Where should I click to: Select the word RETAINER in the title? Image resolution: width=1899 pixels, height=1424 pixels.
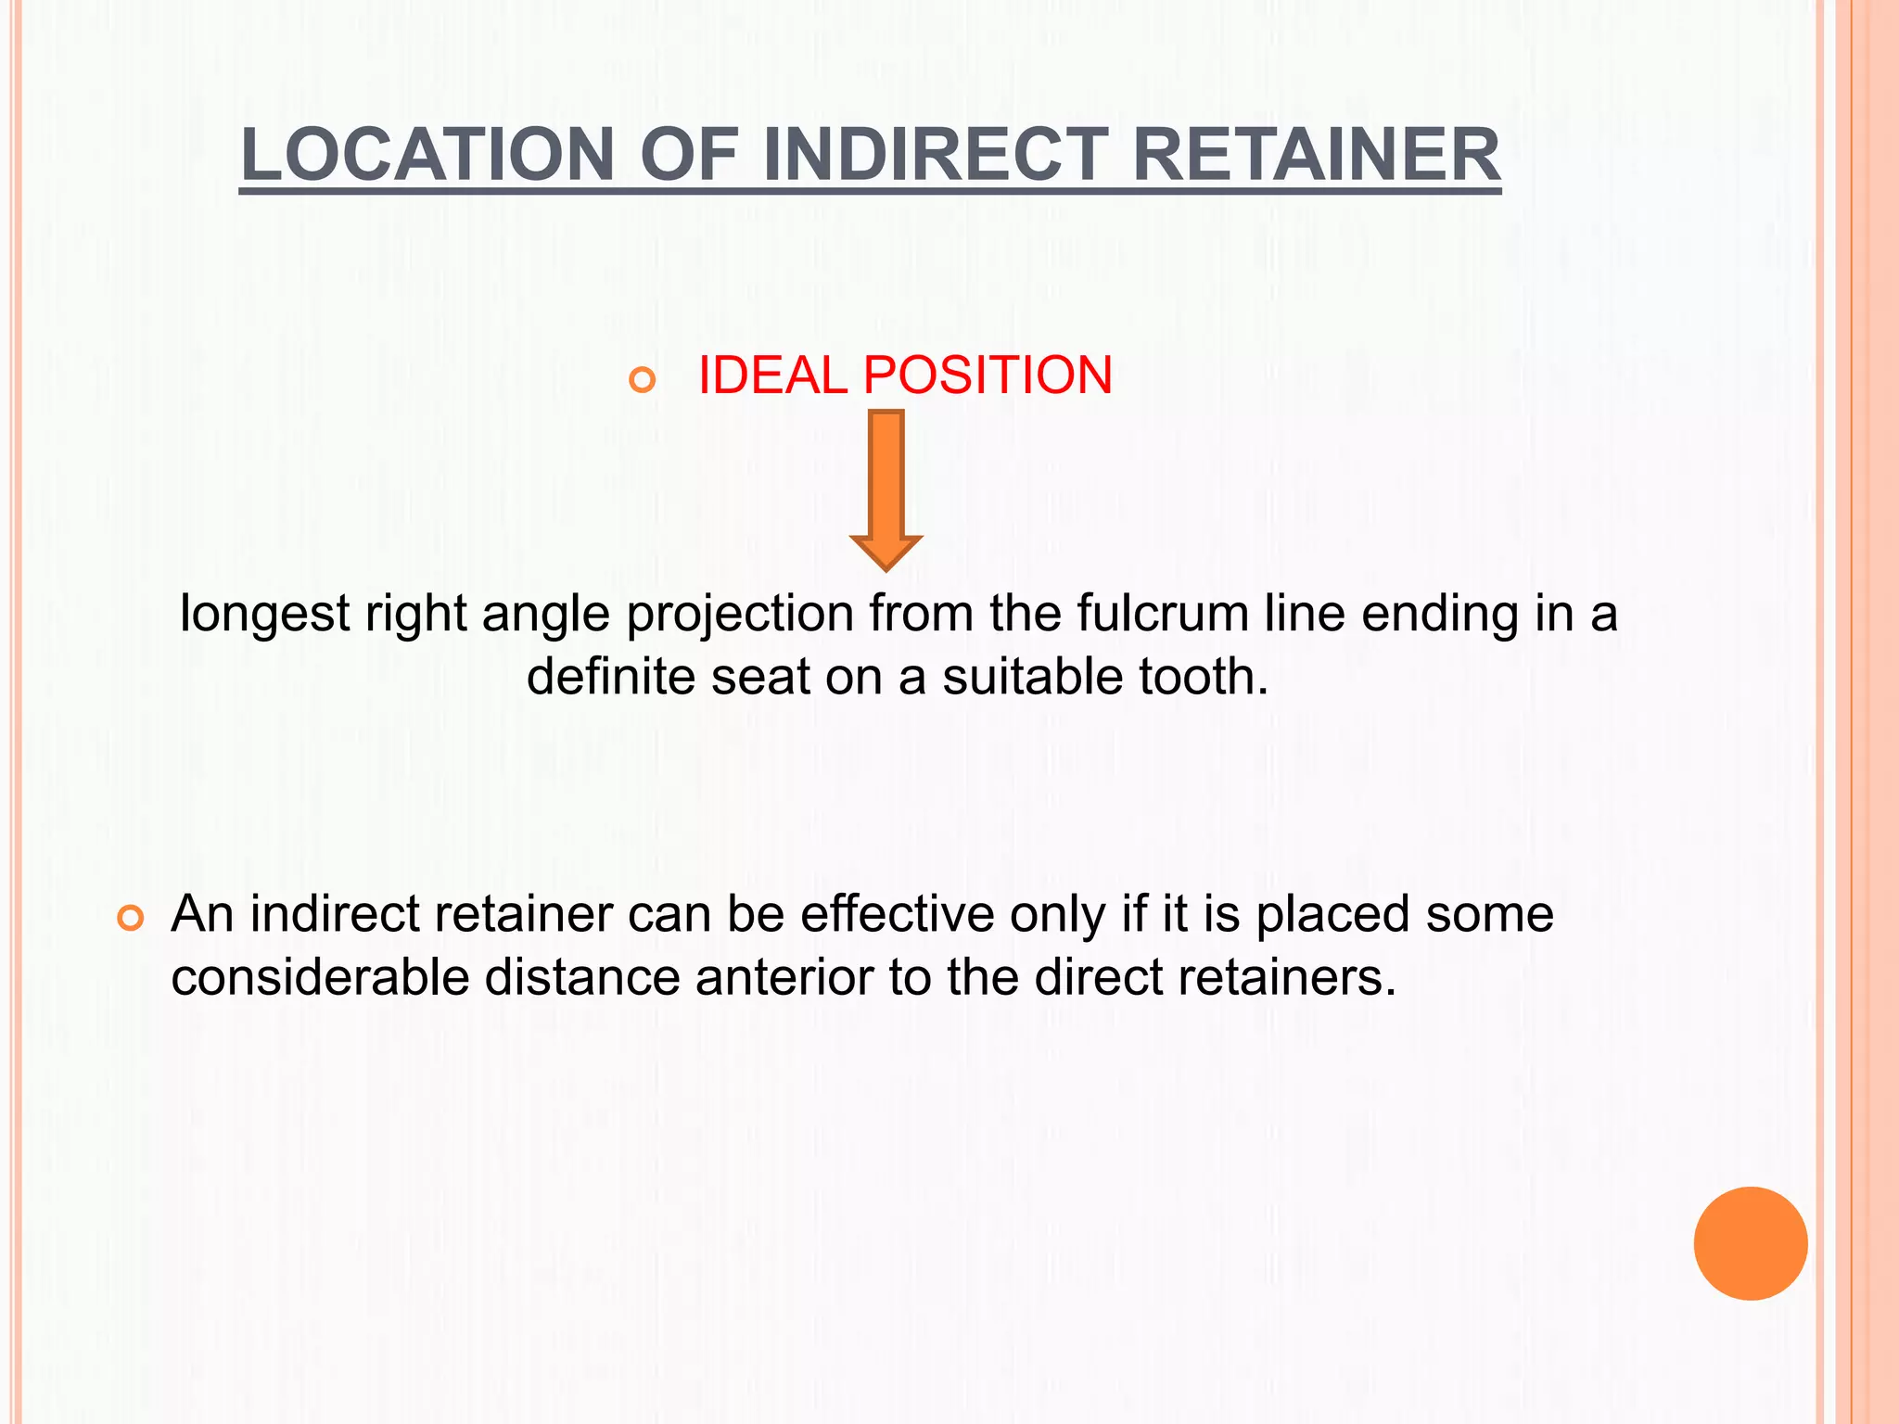(1316, 154)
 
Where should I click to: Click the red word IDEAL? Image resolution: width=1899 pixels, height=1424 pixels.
(772, 375)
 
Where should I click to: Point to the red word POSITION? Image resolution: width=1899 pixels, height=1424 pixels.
(988, 375)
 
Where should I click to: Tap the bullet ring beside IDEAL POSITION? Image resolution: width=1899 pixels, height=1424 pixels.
(642, 379)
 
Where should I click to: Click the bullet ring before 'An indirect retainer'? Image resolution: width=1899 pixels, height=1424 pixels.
(131, 919)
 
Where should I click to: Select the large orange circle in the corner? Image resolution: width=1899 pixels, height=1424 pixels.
(1750, 1243)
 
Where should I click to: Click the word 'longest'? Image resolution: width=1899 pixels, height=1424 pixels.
(264, 615)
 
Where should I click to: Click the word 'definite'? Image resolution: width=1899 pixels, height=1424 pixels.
(611, 676)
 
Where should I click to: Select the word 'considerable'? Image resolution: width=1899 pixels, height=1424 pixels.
(320, 977)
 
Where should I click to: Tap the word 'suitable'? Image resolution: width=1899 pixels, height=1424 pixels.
(1033, 676)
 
